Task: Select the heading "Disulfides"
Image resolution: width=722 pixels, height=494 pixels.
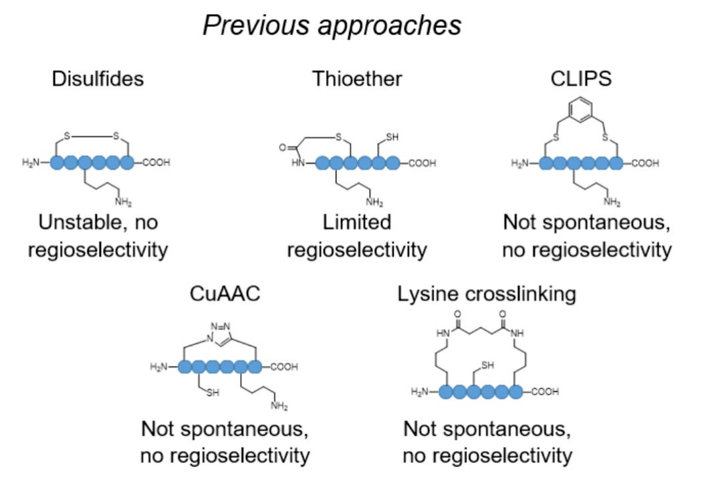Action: [x=98, y=79]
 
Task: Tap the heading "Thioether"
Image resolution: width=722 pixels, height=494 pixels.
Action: [x=357, y=79]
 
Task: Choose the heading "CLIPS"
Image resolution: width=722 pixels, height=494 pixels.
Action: [x=581, y=79]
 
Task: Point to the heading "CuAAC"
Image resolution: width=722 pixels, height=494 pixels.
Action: [x=225, y=293]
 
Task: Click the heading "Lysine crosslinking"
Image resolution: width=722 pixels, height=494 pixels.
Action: [x=487, y=294]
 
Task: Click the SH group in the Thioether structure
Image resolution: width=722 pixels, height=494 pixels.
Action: [x=392, y=137]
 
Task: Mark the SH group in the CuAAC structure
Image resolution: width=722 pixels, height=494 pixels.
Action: [x=212, y=393]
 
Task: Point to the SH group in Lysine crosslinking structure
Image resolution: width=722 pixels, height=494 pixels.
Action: [x=487, y=365]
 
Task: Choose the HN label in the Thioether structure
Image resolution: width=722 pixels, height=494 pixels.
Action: [x=298, y=163]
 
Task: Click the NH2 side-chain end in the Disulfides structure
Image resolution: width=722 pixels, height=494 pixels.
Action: [x=124, y=202]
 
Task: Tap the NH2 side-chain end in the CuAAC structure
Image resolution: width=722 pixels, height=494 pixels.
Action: [x=279, y=406]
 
